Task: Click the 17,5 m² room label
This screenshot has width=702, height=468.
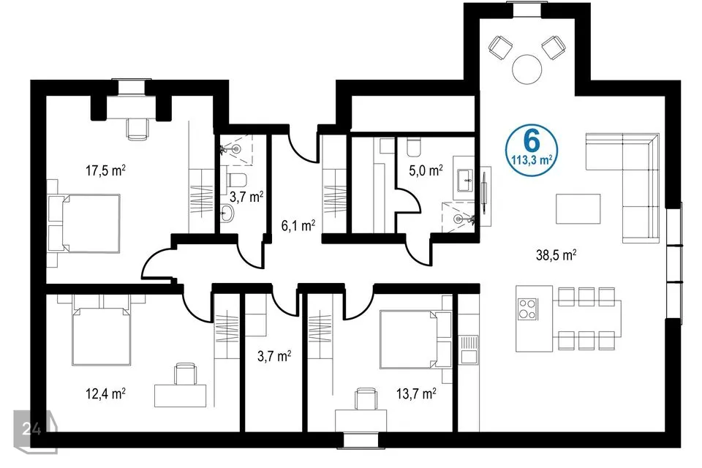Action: point(105,170)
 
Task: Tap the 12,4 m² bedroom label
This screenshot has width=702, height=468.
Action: point(105,394)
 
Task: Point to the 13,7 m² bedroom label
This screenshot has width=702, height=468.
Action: point(416,394)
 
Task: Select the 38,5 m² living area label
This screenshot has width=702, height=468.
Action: point(556,255)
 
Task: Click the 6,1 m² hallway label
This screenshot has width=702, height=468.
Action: point(298,225)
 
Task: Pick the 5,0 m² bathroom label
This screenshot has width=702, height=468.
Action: point(426,170)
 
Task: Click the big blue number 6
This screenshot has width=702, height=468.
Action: point(532,142)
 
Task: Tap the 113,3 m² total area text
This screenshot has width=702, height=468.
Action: point(532,159)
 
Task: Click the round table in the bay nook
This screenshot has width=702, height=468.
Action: point(527,69)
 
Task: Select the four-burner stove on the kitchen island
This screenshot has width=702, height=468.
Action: point(527,309)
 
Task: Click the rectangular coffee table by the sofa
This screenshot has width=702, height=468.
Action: point(578,208)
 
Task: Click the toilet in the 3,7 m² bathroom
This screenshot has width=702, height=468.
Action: point(236,180)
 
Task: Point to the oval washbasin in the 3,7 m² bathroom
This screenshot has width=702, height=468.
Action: point(227,214)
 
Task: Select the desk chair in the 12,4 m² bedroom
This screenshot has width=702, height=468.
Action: point(185,374)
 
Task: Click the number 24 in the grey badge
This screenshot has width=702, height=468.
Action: point(31,429)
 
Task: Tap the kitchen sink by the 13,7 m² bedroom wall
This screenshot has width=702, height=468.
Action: point(469,349)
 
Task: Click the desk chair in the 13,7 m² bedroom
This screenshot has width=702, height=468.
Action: point(366,399)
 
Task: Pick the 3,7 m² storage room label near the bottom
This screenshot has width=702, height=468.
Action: point(274,357)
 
